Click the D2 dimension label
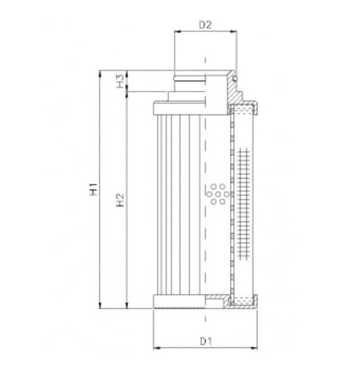pos(205,25)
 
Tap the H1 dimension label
pos(93,188)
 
